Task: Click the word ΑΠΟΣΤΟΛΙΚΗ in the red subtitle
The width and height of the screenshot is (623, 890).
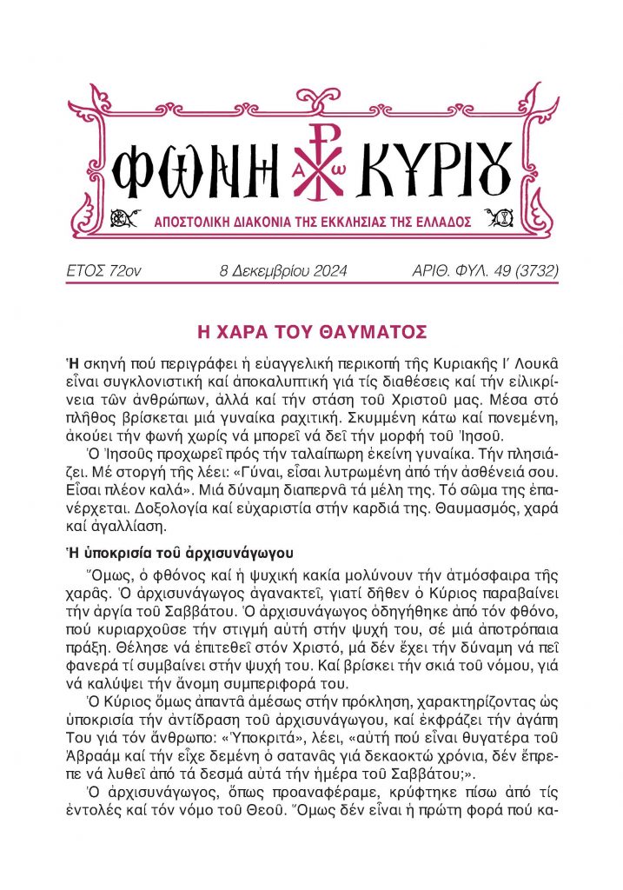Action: point(193,222)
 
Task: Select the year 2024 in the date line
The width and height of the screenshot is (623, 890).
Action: point(325,272)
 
